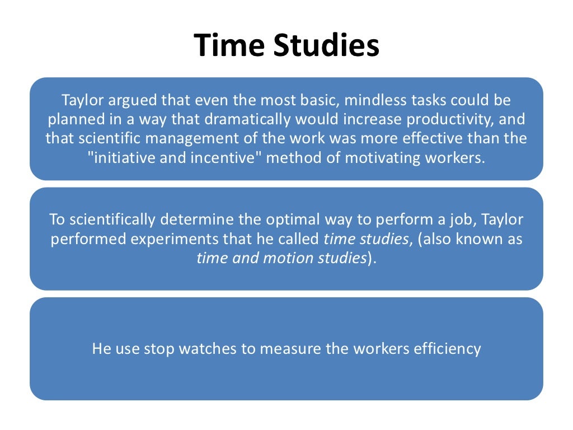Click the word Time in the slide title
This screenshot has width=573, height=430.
point(228,46)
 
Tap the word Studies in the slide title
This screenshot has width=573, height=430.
point(326,46)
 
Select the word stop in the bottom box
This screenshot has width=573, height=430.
point(159,349)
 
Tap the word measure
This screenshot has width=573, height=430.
point(290,349)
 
